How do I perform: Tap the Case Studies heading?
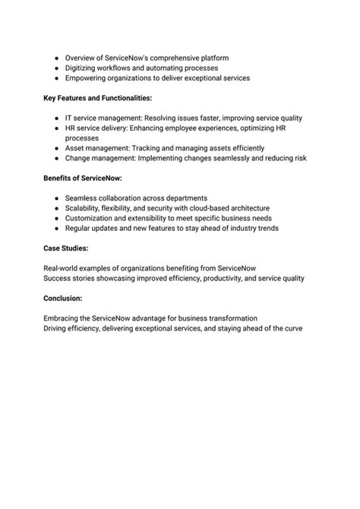coord(66,248)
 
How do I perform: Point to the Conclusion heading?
coord(63,299)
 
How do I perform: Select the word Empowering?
coord(87,77)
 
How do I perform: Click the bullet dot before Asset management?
coord(58,148)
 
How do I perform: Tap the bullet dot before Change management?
coord(58,158)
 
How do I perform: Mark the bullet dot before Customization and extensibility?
coord(58,218)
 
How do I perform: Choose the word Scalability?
coord(85,208)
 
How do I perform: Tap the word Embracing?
coord(64,318)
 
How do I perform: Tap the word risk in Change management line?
coord(296,158)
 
